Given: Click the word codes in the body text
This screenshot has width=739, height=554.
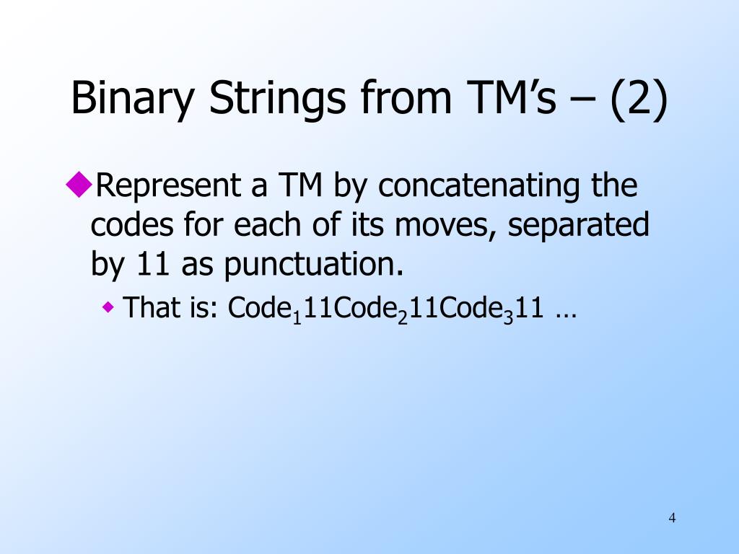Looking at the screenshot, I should [x=131, y=225].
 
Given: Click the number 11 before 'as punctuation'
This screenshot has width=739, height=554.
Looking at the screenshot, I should [x=152, y=265].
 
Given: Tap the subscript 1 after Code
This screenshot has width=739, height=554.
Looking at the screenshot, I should [x=296, y=316].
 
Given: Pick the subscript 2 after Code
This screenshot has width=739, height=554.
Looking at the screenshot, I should [x=402, y=316].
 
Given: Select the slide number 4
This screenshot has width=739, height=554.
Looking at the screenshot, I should [x=673, y=517].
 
